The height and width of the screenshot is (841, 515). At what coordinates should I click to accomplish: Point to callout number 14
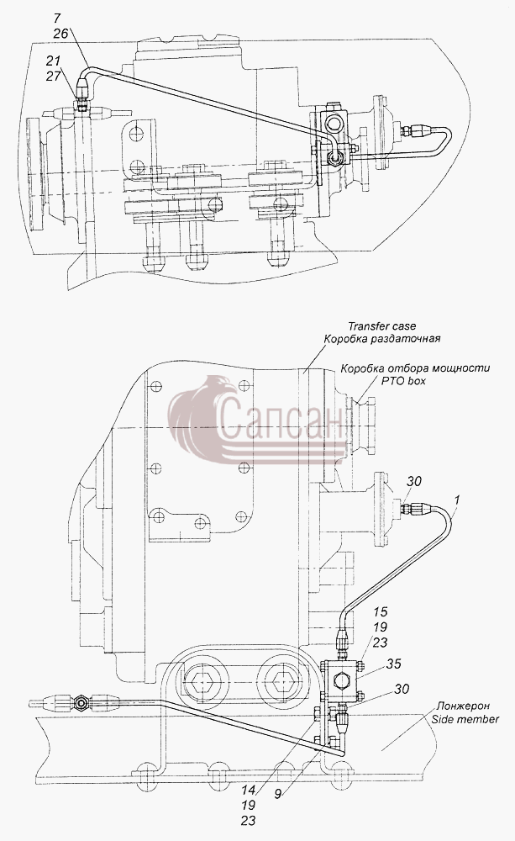pos(248,790)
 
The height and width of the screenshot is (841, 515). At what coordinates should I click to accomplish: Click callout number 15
pos(381,611)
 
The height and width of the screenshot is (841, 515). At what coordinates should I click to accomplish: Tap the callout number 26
pos(60,34)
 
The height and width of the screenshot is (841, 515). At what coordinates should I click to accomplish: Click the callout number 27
pos(53,76)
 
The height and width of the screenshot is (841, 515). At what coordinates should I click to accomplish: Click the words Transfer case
pos(381,325)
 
